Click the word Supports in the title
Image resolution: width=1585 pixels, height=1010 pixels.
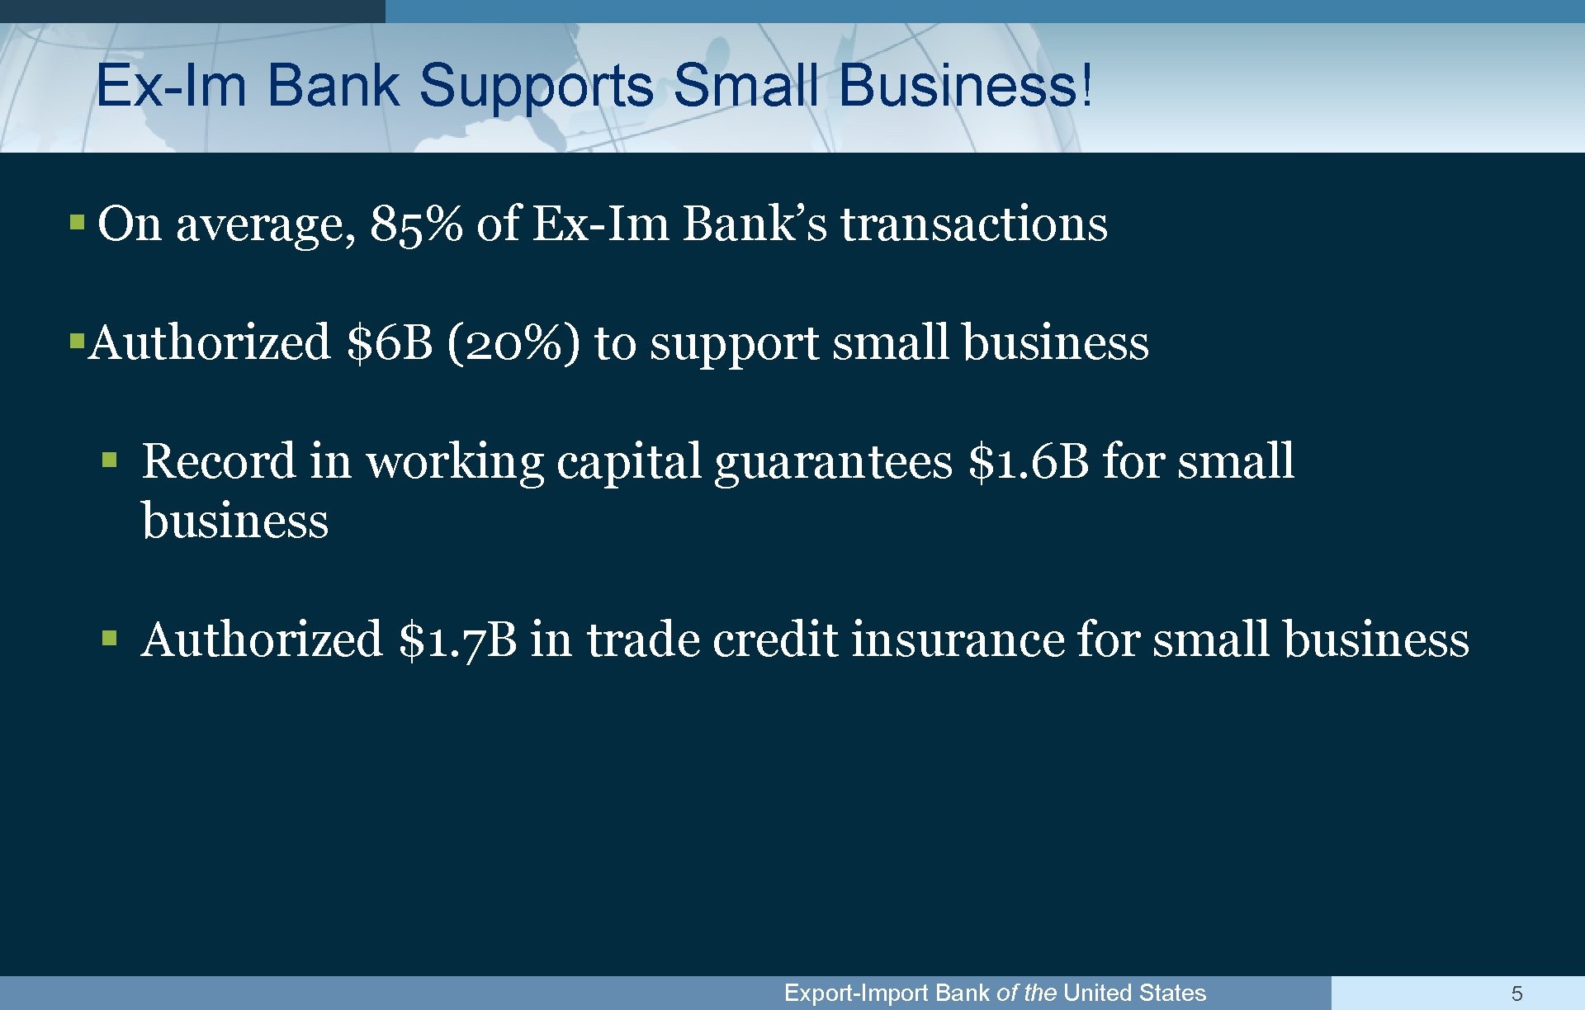click(537, 86)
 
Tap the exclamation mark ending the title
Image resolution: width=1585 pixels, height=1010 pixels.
click(1088, 86)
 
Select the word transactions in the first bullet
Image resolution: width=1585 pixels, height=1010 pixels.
click(974, 224)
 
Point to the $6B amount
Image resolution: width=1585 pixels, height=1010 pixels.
click(390, 342)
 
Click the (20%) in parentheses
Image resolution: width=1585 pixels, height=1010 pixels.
click(513, 342)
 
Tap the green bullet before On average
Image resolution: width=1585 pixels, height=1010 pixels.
click(77, 222)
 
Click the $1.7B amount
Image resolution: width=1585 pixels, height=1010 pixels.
click(457, 640)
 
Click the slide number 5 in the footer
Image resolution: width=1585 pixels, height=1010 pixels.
click(1516, 993)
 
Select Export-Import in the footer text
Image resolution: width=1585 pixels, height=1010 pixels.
click(856, 993)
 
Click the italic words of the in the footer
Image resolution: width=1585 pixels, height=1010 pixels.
click(1026, 993)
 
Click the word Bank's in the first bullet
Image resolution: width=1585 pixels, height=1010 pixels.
click(754, 224)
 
